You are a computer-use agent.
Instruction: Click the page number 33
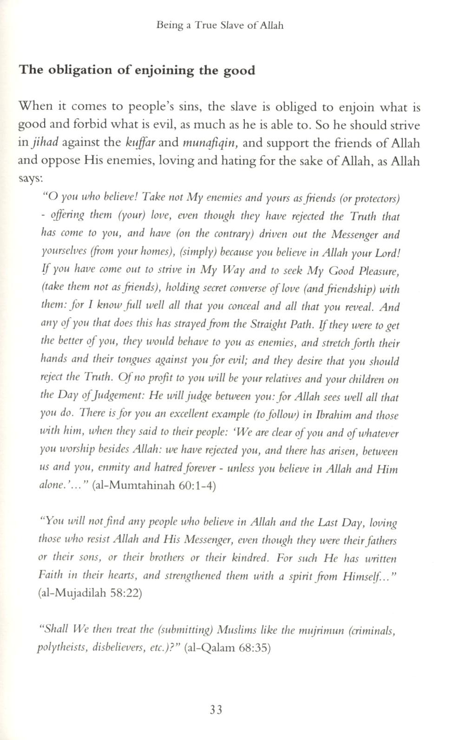(x=216, y=710)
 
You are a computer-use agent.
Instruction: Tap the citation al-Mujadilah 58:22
(x=90, y=594)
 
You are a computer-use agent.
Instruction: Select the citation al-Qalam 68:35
(x=227, y=648)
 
